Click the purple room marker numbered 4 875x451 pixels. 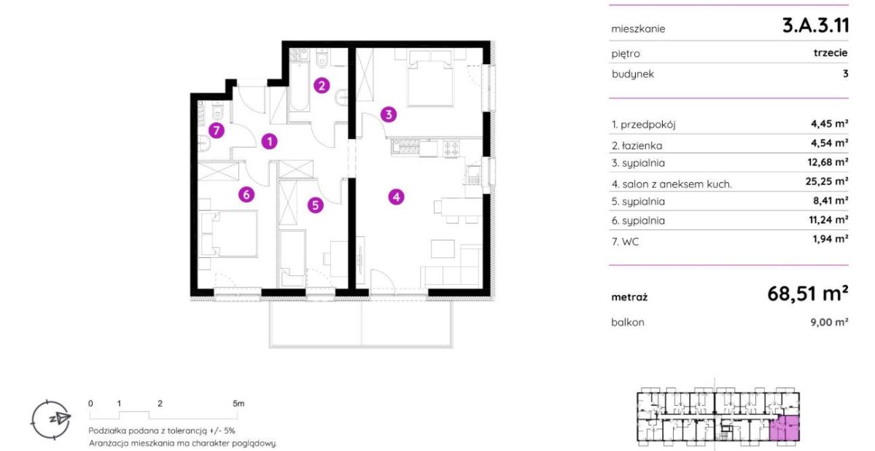[x=396, y=197]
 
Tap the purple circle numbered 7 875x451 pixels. [x=217, y=130]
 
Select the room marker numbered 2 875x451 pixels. [x=322, y=85]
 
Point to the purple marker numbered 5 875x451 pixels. [x=315, y=205]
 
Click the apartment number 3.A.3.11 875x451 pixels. [x=816, y=26]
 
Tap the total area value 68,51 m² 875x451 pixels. [x=807, y=294]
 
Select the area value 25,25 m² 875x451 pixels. [x=827, y=181]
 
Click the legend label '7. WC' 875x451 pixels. [x=626, y=242]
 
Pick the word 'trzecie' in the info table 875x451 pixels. [x=831, y=52]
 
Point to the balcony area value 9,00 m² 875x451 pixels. [x=829, y=322]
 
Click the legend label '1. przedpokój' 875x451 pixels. [x=643, y=125]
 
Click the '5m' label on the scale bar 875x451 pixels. [x=238, y=404]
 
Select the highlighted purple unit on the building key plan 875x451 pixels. [x=785, y=428]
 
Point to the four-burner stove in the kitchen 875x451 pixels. [x=451, y=149]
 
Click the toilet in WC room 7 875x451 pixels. [x=217, y=112]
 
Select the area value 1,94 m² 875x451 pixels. [x=831, y=239]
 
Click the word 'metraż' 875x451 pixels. [x=629, y=297]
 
